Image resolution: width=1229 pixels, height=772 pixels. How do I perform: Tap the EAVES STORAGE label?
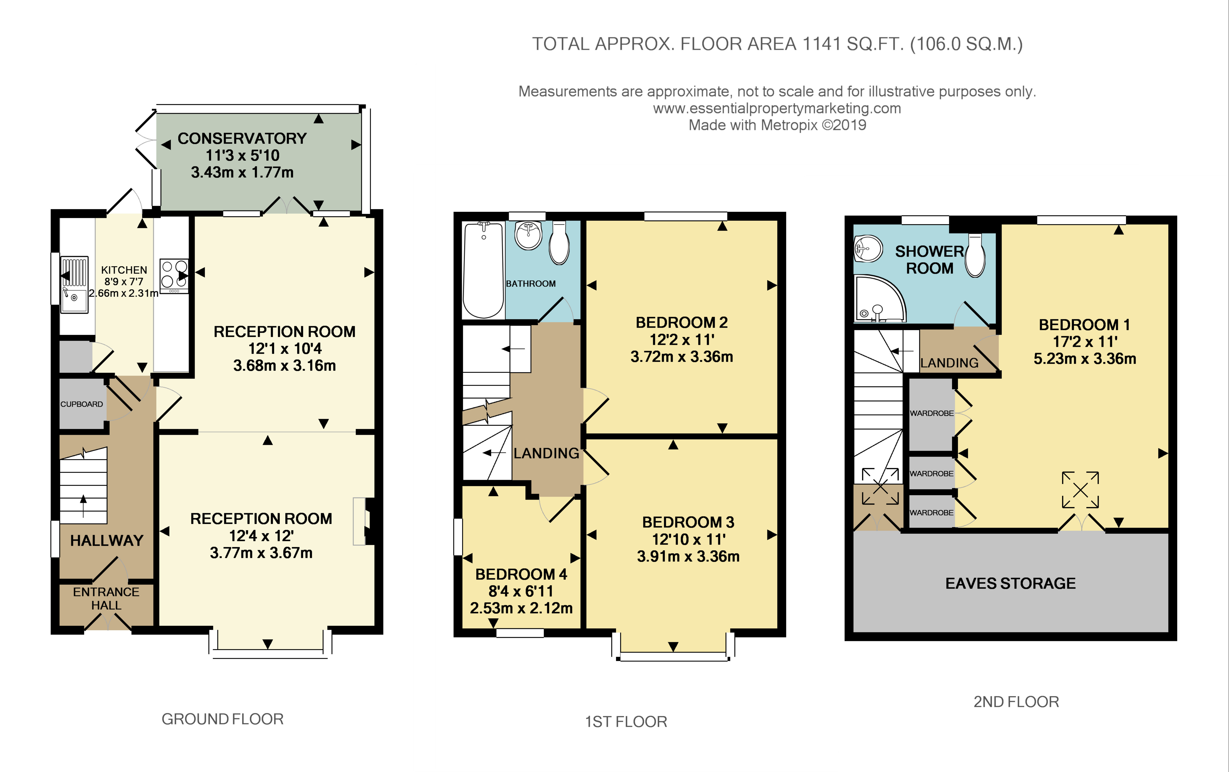coord(1010,583)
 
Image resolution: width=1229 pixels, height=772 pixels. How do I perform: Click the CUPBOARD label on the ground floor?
coord(82,404)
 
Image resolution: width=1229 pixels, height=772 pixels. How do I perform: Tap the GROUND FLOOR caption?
coord(222,719)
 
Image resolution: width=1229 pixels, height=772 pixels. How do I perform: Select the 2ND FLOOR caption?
coord(1016,702)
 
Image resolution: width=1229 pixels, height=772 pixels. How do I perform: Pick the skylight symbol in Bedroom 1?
coord(1081,490)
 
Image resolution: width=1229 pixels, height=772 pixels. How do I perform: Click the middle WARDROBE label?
coord(931,474)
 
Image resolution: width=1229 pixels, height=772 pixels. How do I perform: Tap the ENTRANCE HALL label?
coord(106,598)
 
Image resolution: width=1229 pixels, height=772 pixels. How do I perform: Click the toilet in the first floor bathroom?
coord(559,243)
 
